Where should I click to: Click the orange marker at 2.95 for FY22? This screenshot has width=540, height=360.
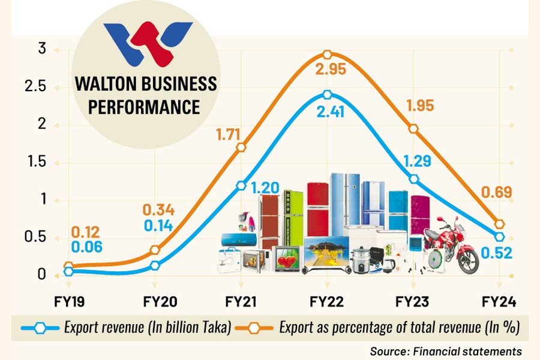coord(327,55)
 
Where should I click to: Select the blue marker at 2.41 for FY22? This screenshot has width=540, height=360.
coord(327,95)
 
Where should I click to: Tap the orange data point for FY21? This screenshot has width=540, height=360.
coord(241,148)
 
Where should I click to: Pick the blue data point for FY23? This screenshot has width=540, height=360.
coord(413,179)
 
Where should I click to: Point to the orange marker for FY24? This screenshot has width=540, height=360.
coord(499,224)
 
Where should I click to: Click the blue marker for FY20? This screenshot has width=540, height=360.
coord(155,265)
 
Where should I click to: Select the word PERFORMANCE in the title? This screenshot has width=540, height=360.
coord(146,107)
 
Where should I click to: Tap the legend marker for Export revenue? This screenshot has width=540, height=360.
coord(41,328)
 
